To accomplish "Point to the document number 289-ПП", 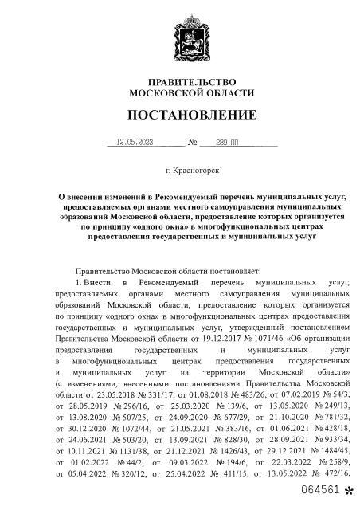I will point(227,144).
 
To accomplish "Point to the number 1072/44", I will point(146,427).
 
